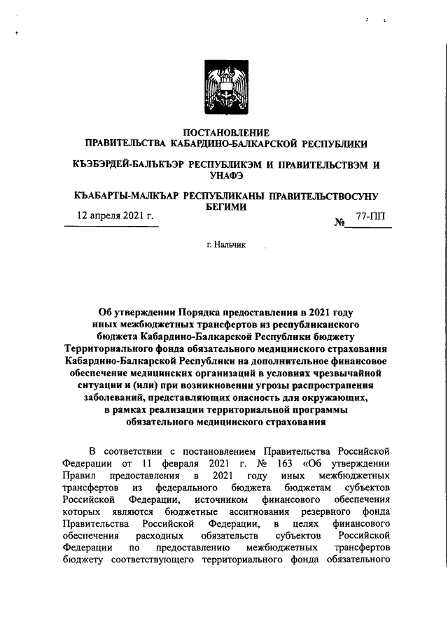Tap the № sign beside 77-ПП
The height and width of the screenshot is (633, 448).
(x=342, y=222)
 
